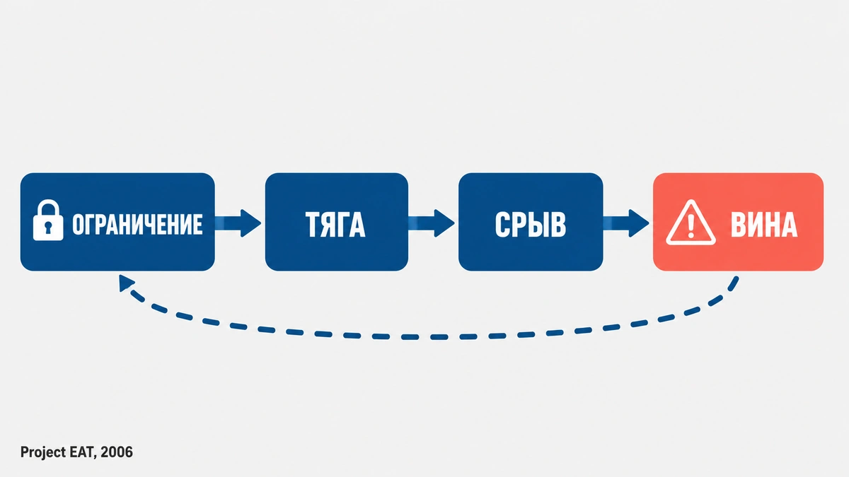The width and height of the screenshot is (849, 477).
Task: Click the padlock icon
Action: point(48,220)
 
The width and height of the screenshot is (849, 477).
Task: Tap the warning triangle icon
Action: point(691,223)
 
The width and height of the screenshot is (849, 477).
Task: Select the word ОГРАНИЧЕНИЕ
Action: point(137,224)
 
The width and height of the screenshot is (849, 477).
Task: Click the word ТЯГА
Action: point(335,225)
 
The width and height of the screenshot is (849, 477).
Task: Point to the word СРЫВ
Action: point(530,225)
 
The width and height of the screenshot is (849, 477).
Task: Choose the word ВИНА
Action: point(764,225)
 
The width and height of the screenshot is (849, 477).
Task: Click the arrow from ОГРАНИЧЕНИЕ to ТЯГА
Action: point(238,223)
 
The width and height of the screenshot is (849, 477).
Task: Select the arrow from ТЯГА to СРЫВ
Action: point(432,223)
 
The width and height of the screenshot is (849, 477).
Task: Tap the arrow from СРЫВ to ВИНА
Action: point(626,223)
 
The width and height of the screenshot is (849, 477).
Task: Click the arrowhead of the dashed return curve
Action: point(125,283)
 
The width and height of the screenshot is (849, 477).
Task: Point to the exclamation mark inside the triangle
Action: point(691,226)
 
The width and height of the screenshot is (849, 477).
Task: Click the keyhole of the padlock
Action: point(48,227)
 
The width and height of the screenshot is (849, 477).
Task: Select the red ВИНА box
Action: point(738,222)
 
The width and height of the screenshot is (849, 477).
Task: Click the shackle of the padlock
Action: point(49,208)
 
